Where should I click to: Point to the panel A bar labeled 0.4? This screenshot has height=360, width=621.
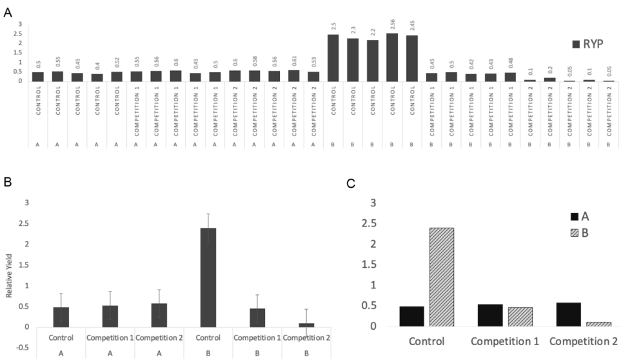click(97, 77)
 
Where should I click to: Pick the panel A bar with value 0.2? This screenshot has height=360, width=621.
click(549, 79)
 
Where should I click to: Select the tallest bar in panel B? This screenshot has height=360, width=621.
click(208, 277)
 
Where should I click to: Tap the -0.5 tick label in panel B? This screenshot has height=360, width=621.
click(23, 348)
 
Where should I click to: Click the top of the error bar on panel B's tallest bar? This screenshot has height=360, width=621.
click(208, 214)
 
